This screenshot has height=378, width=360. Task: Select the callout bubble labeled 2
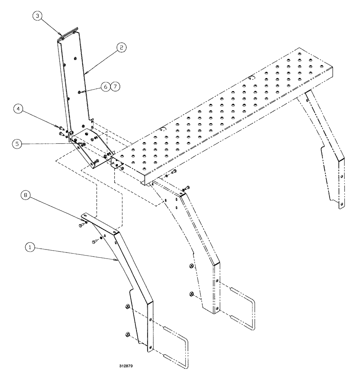point(122,48)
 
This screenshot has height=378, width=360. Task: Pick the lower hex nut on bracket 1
point(127,335)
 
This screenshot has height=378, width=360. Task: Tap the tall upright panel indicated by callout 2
point(76,79)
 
